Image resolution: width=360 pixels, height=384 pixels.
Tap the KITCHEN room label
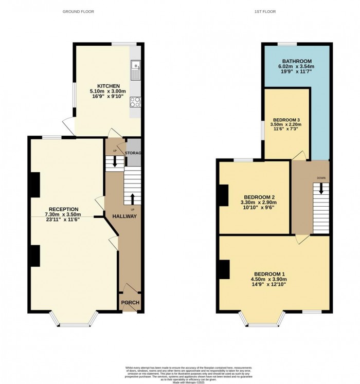click(x=109, y=86)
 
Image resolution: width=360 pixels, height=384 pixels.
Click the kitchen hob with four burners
click(x=136, y=102)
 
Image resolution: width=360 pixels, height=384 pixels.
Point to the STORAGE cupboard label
click(x=133, y=153)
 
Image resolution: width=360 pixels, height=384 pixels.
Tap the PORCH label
click(x=130, y=302)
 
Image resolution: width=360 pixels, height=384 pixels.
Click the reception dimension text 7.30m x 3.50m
click(x=63, y=214)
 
